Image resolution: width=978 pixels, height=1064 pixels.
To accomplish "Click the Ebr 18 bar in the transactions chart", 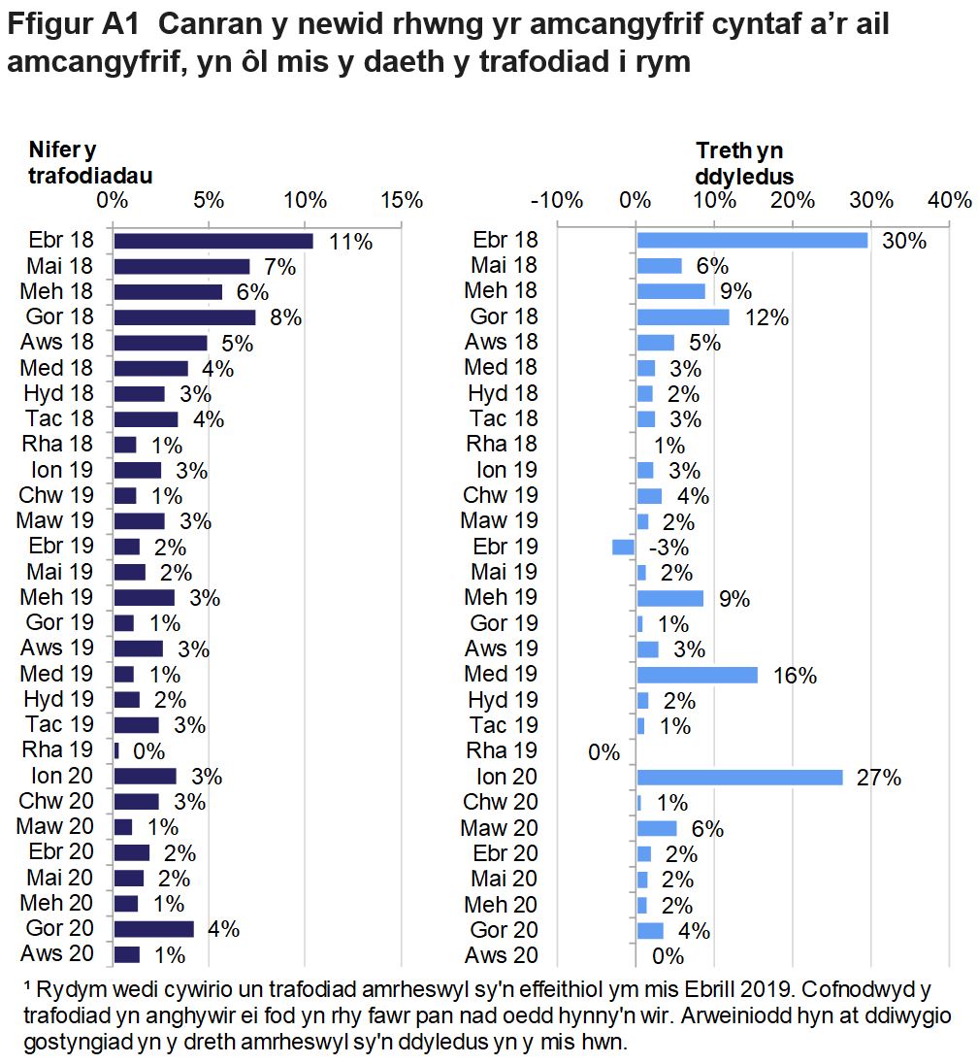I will tap(213, 241).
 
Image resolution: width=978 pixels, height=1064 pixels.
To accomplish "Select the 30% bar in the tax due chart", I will tap(752, 241).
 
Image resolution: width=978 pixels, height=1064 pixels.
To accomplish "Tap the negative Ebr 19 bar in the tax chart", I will tap(624, 547).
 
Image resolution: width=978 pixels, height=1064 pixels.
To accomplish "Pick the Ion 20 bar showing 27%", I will tap(739, 777).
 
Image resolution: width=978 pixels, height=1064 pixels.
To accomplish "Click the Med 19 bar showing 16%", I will tap(697, 675).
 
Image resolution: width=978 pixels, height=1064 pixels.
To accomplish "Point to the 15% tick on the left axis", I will tap(403, 201).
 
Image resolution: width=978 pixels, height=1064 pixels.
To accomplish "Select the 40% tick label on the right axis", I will tap(949, 201).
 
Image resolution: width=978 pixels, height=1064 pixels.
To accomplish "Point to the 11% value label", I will tap(350, 242).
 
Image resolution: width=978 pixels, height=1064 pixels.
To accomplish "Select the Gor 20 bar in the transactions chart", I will tap(154, 929).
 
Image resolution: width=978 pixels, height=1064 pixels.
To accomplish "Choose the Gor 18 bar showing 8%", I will tap(184, 317).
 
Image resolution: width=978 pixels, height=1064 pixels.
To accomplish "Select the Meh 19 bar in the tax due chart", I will tap(669, 598).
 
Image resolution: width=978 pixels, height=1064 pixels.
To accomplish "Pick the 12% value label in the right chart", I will tap(766, 317).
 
